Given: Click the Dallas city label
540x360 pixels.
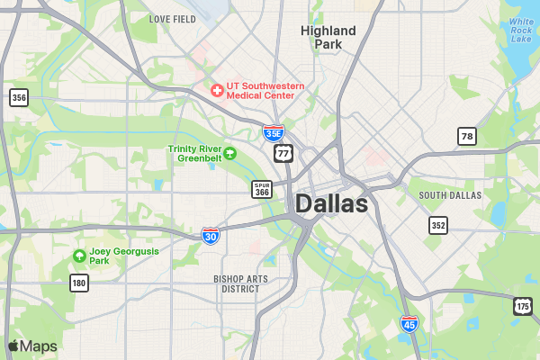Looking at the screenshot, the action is [331, 204].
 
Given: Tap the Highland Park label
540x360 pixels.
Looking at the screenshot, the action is [328, 37].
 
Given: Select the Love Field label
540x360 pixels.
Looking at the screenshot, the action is [172, 19].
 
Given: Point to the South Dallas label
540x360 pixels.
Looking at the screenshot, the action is [450, 194].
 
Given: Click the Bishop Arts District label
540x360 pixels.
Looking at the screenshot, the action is [240, 284].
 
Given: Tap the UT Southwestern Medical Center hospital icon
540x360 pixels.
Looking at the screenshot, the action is [216, 90].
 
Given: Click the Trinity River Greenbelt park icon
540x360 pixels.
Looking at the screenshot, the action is [229, 153].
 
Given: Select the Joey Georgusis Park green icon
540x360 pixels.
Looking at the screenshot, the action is [79, 256].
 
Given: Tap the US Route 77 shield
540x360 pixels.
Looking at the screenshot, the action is [283, 153].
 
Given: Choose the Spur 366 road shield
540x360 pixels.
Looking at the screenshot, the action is [262, 189].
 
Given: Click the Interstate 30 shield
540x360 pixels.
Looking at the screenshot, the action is [210, 236].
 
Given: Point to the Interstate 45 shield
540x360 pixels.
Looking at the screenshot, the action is [409, 324].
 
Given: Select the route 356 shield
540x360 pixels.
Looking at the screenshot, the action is [19, 97].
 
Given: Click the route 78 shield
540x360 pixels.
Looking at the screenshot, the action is [465, 136].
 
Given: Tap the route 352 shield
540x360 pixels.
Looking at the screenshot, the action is [438, 225].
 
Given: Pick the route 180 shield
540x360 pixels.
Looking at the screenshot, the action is [79, 283].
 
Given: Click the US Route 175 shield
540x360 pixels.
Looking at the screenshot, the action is [523, 306].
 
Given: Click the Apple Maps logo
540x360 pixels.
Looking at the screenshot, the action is [32, 346].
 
